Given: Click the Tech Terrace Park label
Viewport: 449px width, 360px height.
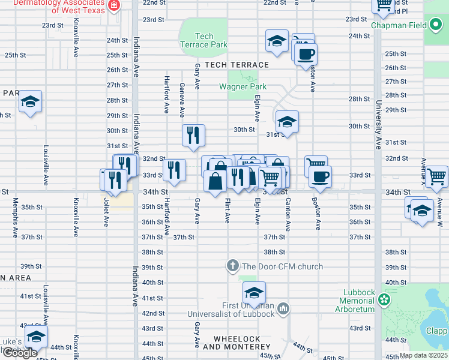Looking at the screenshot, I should (204, 41).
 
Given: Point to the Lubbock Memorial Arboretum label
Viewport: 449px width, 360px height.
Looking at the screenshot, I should (357, 301).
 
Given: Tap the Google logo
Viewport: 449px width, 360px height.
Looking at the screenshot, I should (19, 353).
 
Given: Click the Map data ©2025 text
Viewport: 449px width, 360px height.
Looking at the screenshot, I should (424, 355).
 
